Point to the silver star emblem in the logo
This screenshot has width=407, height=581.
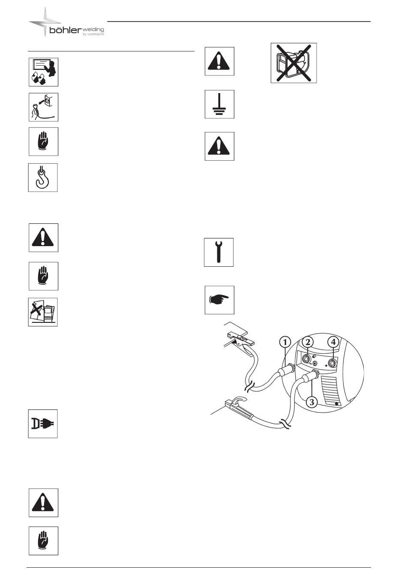click(x=45, y=21)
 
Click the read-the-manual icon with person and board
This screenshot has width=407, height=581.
click(x=44, y=72)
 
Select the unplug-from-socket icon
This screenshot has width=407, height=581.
click(x=44, y=107)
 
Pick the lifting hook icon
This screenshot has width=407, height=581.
click(x=43, y=178)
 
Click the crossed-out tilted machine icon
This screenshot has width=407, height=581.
click(x=43, y=312)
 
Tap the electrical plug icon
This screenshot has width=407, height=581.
click(x=43, y=424)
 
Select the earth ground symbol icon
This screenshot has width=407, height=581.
click(x=220, y=104)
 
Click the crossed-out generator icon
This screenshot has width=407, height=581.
click(x=294, y=63)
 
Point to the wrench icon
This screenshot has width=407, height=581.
click(x=219, y=253)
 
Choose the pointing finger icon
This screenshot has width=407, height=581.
click(x=220, y=300)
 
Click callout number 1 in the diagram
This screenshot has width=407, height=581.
click(x=285, y=342)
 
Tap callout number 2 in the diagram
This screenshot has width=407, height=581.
click(x=308, y=342)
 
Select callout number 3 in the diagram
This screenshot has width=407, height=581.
click(x=312, y=402)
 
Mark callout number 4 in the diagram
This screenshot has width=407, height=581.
click(x=333, y=342)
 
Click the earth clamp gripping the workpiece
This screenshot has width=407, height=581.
click(x=240, y=341)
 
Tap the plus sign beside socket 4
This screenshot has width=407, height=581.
click(x=326, y=365)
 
